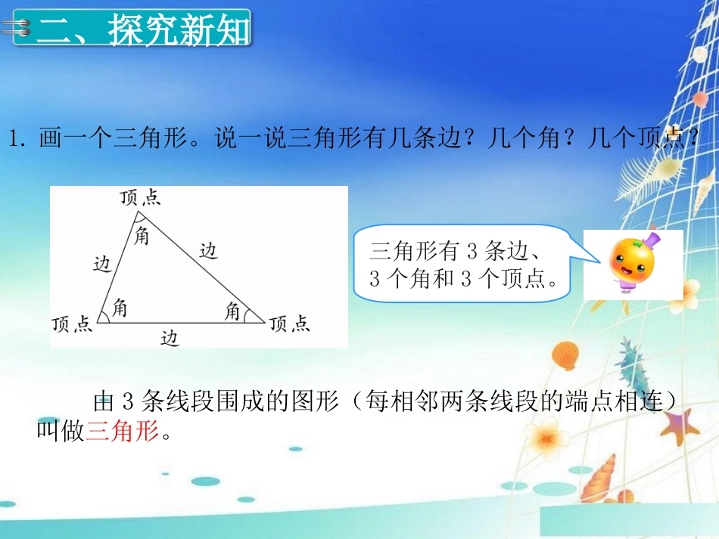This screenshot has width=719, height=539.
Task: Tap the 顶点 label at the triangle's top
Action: (x=140, y=198)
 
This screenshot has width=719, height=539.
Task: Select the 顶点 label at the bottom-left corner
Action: (x=73, y=324)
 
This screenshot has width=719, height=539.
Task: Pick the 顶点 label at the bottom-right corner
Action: (x=290, y=324)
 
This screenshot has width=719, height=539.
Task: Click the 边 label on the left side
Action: (x=102, y=263)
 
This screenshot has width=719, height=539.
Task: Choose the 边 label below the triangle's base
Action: (x=170, y=339)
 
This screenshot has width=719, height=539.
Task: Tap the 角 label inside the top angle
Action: (x=142, y=236)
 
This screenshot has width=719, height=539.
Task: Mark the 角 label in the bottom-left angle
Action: (x=120, y=308)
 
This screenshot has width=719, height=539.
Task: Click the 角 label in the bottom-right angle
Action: (x=233, y=309)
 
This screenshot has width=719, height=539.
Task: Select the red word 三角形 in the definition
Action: (x=123, y=432)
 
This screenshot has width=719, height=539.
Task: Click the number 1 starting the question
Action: (x=13, y=140)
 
